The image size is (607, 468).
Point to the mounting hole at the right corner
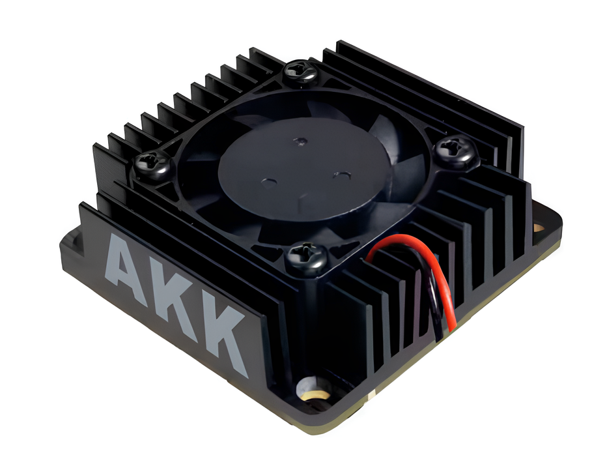(539, 227)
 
